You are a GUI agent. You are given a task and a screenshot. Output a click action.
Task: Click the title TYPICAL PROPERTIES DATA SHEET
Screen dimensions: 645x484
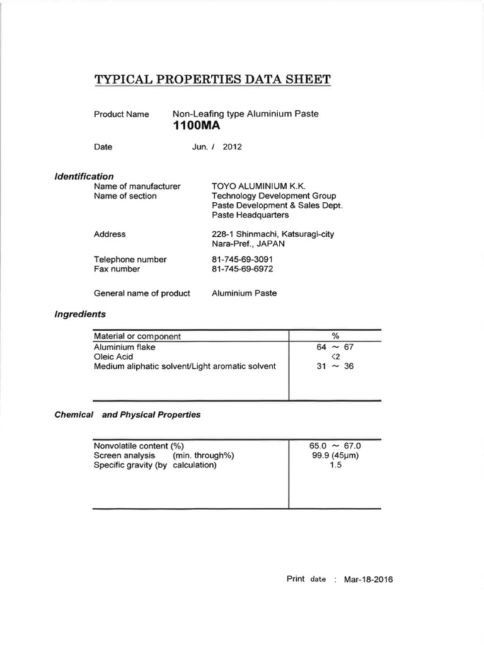(212, 79)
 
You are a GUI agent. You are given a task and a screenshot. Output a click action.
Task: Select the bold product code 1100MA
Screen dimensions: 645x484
(195, 126)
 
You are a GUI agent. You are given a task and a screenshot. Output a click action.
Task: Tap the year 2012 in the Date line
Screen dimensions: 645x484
(232, 147)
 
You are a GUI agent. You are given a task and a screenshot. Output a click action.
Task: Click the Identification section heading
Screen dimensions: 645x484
(84, 176)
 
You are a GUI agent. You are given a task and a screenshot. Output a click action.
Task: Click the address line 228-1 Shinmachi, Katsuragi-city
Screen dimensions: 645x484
(273, 234)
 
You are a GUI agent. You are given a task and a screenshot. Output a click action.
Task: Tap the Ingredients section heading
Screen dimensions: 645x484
(80, 314)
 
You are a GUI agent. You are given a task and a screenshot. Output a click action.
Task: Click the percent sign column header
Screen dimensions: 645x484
(335, 336)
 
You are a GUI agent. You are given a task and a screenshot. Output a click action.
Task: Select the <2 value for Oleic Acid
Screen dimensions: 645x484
(335, 357)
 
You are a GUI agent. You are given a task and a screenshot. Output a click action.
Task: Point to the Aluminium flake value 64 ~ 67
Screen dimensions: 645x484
(335, 346)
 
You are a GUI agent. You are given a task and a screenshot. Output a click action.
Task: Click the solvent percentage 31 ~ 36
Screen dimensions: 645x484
(335, 366)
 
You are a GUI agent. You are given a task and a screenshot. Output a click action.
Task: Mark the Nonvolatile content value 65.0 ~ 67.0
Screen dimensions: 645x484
(335, 445)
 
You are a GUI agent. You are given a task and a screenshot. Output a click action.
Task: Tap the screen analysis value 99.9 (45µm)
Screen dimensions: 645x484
(335, 455)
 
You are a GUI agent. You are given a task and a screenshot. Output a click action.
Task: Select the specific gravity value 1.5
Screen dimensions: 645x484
(335, 465)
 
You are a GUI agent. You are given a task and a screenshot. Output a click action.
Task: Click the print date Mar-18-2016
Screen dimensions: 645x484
(368, 579)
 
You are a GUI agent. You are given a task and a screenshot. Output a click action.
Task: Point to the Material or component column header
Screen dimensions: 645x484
(137, 336)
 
